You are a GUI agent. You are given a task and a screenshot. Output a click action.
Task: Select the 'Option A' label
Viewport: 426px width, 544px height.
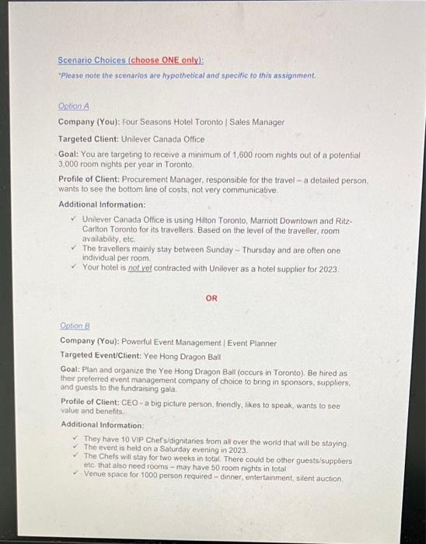(x=71, y=106)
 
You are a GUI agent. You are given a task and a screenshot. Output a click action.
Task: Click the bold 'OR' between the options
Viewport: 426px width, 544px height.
(x=211, y=298)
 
